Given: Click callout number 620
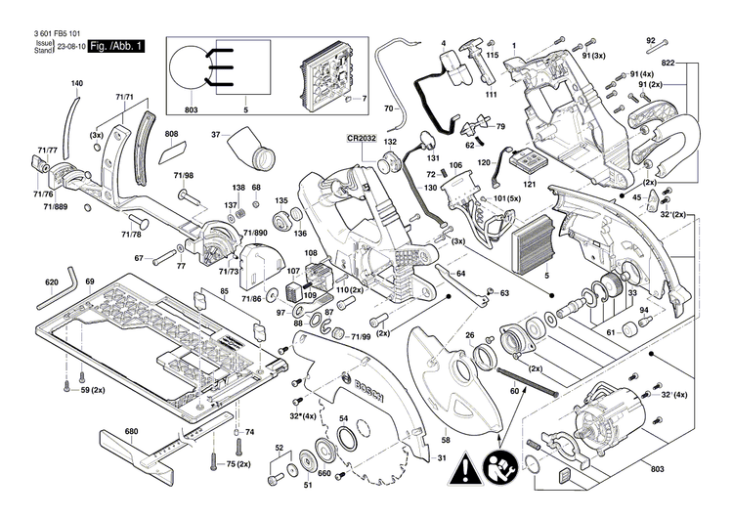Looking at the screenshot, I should pyautogui.click(x=52, y=282).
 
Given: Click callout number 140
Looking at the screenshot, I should pyautogui.click(x=77, y=83).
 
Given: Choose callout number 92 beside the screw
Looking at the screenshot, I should pyautogui.click(x=650, y=39).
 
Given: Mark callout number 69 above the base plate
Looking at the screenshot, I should pyautogui.click(x=89, y=282).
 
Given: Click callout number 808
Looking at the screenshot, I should pyautogui.click(x=171, y=134).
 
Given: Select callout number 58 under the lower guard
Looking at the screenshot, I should pyautogui.click(x=446, y=440).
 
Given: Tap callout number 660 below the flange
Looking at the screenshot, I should pyautogui.click(x=324, y=472).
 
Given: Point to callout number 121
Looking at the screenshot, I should pyautogui.click(x=529, y=184).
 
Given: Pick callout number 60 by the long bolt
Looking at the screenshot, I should pyautogui.click(x=514, y=391).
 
